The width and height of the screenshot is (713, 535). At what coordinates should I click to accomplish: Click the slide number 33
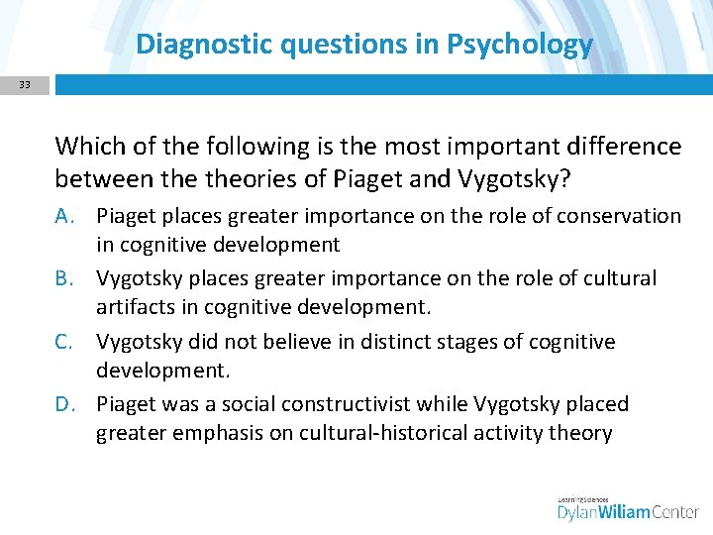pyautogui.click(x=25, y=85)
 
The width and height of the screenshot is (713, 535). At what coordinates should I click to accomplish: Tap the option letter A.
pyautogui.click(x=66, y=216)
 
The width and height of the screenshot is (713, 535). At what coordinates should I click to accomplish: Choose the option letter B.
pyautogui.click(x=66, y=278)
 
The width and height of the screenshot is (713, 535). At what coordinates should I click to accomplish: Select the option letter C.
pyautogui.click(x=66, y=342)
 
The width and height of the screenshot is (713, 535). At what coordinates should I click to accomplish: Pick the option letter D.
pyautogui.click(x=66, y=404)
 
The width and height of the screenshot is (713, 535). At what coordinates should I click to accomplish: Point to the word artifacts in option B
pyautogui.click(x=134, y=307)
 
